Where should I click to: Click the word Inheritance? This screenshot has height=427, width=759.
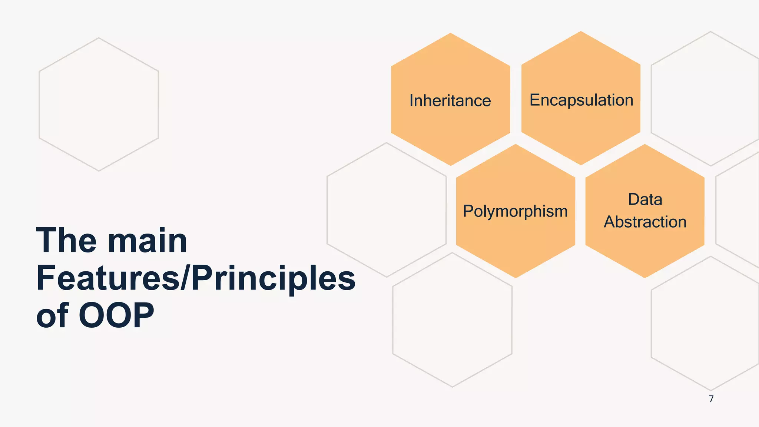450,101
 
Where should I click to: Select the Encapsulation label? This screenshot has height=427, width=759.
581,100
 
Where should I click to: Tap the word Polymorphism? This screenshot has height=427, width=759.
515,212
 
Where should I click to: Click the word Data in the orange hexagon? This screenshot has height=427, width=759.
645,199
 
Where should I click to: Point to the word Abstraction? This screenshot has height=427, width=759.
645,222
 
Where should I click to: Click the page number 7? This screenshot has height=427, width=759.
711,399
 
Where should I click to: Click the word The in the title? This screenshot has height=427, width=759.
67,241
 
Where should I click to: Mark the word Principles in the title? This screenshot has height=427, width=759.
273,279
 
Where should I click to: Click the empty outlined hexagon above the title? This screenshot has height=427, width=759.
99,104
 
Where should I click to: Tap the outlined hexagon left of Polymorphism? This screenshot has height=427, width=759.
386,210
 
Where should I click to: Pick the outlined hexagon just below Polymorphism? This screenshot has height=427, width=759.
452,320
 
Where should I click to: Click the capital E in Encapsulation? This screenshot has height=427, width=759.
534,100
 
